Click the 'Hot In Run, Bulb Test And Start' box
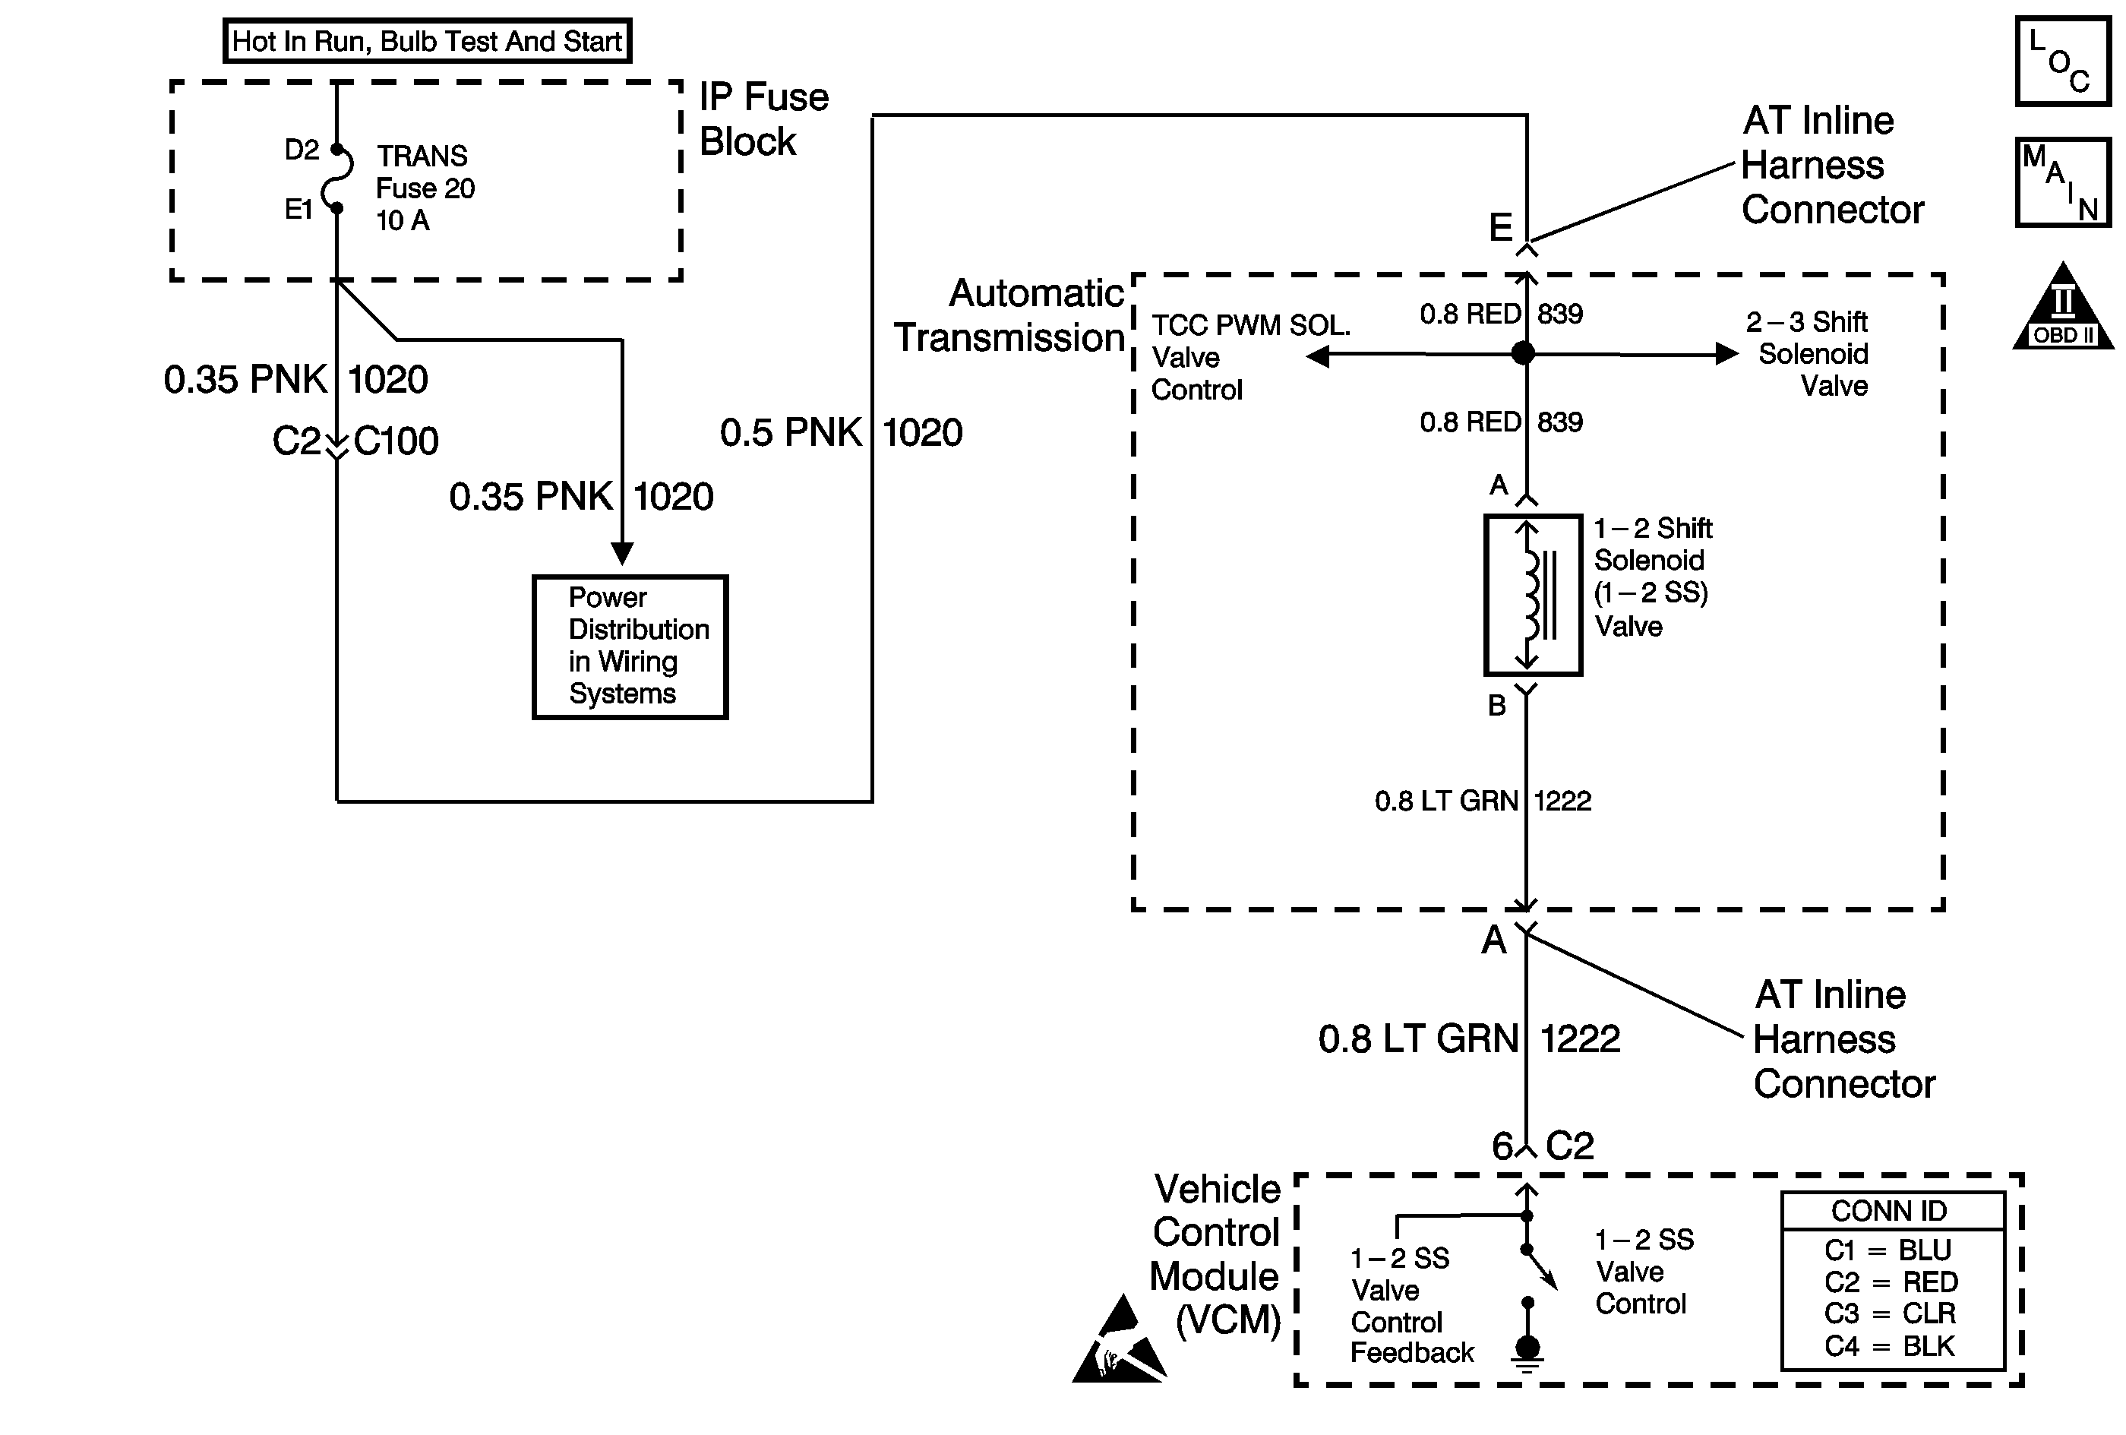click(427, 41)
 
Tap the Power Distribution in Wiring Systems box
click(630, 647)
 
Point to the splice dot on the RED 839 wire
click(1523, 353)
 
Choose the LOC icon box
click(2064, 62)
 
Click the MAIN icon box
click(2064, 182)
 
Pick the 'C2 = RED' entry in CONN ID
click(1891, 1282)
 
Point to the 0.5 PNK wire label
click(791, 433)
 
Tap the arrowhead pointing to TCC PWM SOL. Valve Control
click(1317, 356)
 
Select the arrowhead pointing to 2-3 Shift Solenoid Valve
click(1726, 354)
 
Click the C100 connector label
click(396, 441)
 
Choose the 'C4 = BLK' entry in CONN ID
click(1890, 1346)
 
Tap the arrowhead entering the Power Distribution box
click(622, 554)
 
